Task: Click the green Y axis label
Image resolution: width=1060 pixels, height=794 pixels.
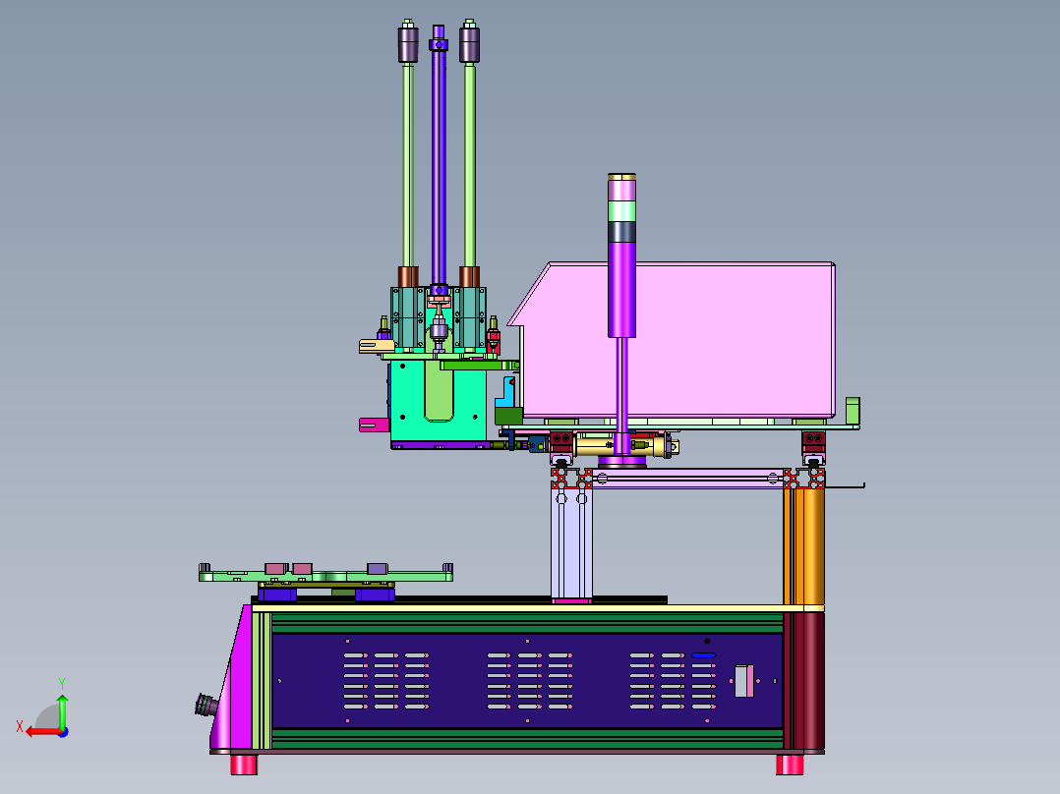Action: pos(62,684)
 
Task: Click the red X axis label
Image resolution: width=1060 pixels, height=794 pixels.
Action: pos(20,727)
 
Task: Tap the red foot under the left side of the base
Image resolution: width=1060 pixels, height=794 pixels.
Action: pos(244,765)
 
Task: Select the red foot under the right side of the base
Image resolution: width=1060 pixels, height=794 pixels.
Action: pos(790,765)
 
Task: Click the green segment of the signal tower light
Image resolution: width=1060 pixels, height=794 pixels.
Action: pos(621,211)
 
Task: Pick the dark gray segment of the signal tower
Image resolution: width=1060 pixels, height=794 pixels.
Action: pos(621,232)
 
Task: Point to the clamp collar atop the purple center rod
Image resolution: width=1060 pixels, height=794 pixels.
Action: pos(439,44)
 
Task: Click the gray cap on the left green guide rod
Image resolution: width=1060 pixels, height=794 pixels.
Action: pos(408,44)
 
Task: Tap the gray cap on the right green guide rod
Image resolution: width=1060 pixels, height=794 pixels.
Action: pos(469,44)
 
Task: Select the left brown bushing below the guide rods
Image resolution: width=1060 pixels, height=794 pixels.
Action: pos(408,276)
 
